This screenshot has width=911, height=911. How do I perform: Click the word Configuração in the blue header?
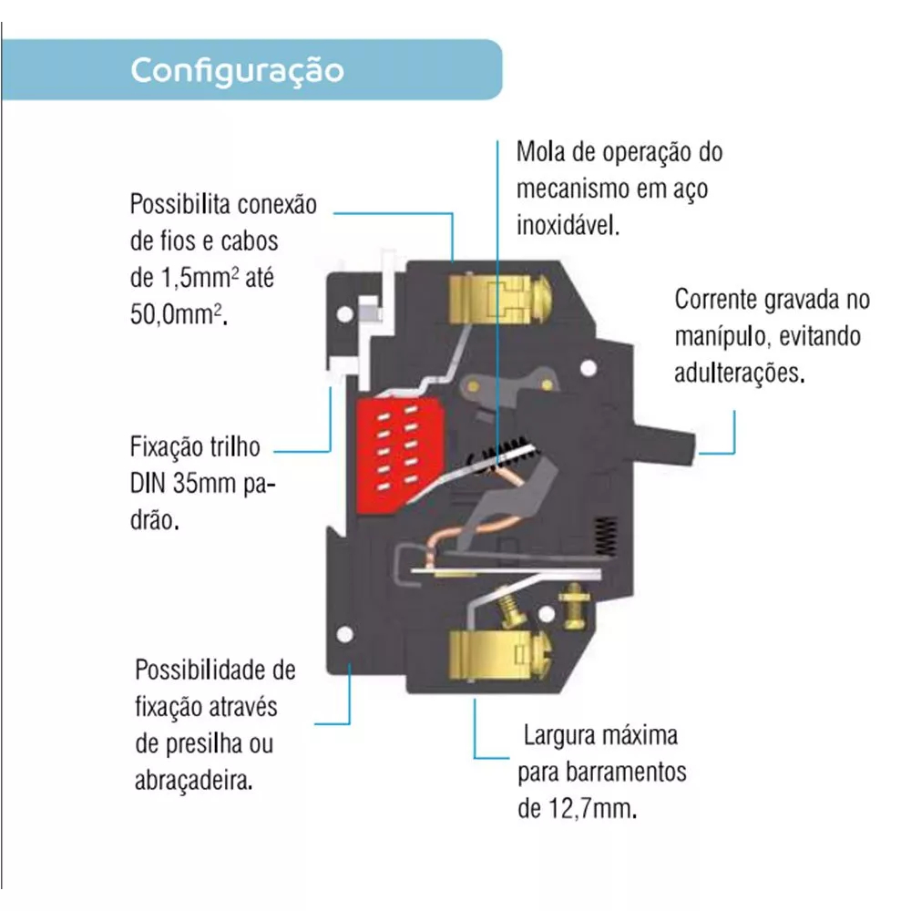[237, 71]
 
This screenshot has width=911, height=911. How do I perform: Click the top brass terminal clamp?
[499, 299]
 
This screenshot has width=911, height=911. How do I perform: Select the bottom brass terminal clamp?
[499, 655]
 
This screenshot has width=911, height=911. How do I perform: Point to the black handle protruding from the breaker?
[665, 445]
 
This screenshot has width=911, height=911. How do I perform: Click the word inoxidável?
[568, 225]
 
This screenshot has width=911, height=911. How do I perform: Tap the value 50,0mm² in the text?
[179, 315]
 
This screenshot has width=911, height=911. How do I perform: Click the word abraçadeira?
[193, 781]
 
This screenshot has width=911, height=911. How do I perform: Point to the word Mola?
[541, 152]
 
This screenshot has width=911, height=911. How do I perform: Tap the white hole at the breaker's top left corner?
[345, 314]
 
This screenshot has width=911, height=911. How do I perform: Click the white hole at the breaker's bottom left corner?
[344, 634]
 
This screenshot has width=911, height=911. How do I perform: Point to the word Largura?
[560, 736]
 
